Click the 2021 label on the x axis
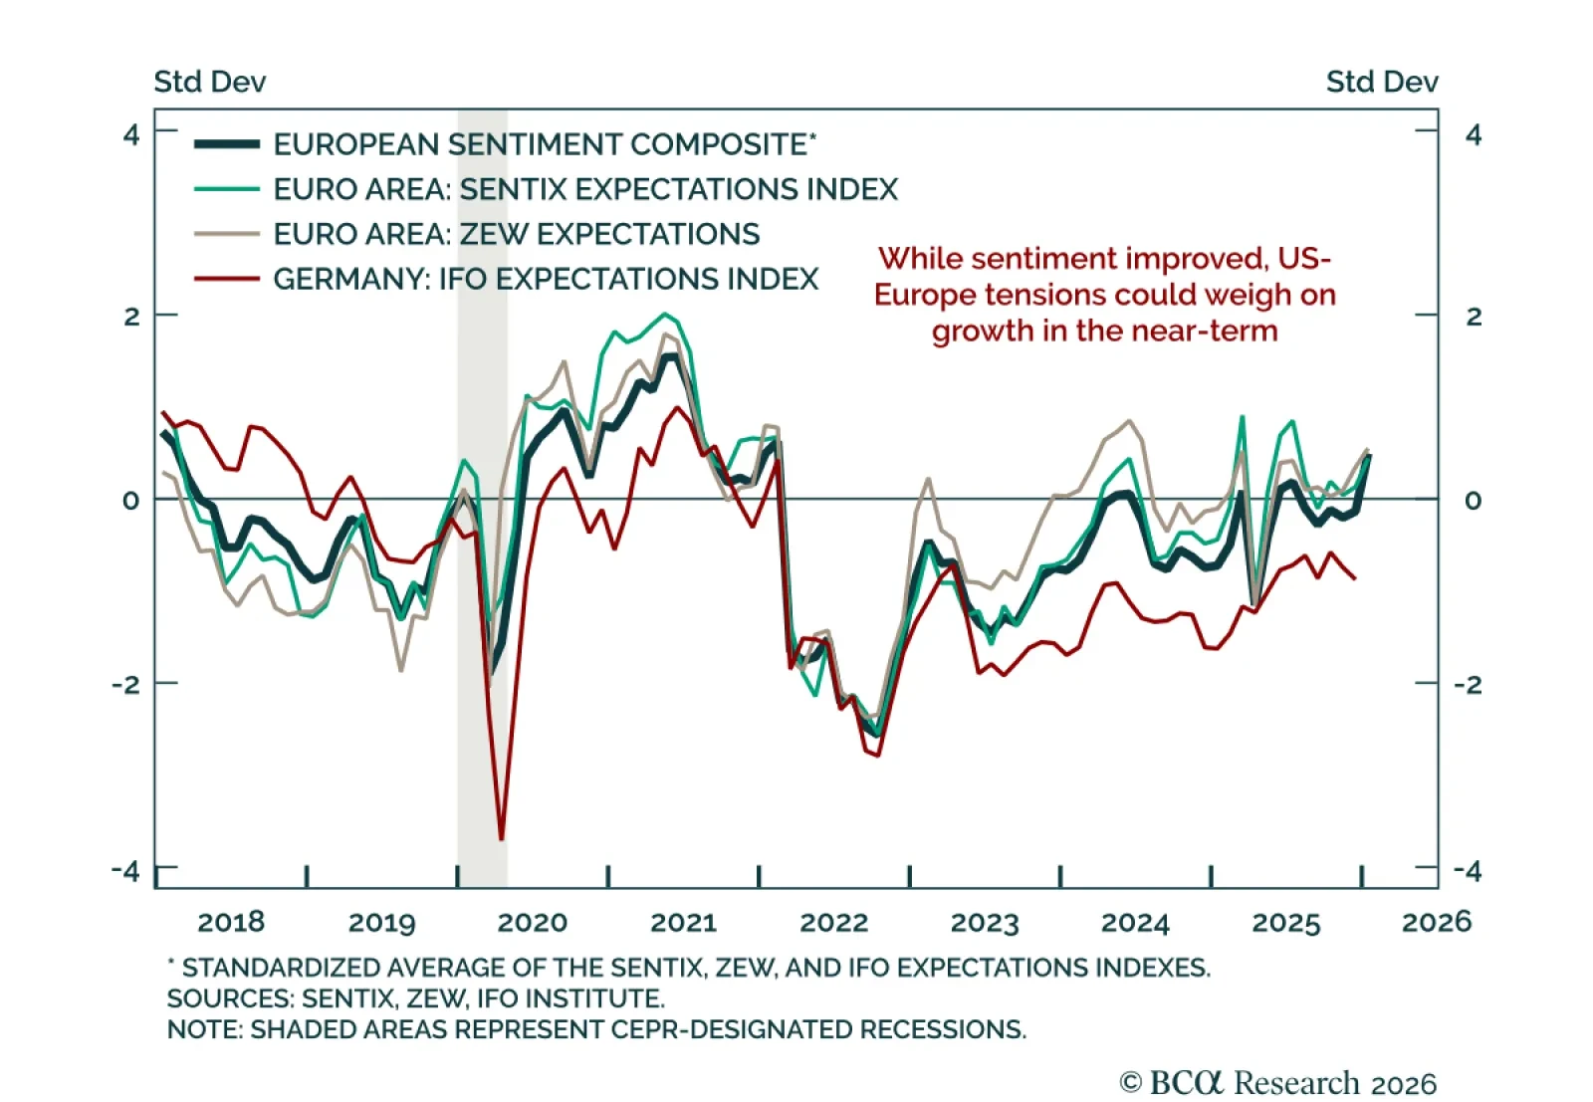click(x=683, y=923)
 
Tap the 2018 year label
click(x=231, y=923)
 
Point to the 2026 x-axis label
click(x=1436, y=923)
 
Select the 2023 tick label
click(x=985, y=923)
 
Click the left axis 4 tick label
click(x=131, y=134)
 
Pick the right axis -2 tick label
click(x=1468, y=685)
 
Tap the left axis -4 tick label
click(x=126, y=871)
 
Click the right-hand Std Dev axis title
click(x=1381, y=82)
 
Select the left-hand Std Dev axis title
click(x=210, y=82)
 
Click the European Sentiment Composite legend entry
click(x=544, y=144)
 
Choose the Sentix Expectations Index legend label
click(x=585, y=189)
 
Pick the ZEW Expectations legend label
click(x=516, y=234)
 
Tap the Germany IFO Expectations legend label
click(x=546, y=279)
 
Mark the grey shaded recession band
click(x=482, y=597)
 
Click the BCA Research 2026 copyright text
click(x=1277, y=1083)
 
